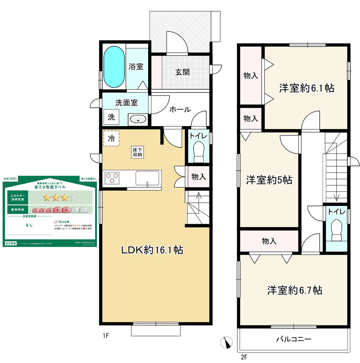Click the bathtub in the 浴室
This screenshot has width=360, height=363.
coord(113,67)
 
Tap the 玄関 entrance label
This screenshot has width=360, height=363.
coord(182,72)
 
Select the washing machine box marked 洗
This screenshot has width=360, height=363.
coord(112,117)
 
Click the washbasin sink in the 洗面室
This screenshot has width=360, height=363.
coord(138,119)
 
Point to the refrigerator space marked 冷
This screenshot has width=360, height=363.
coord(111,138)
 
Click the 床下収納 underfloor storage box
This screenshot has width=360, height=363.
coord(137,152)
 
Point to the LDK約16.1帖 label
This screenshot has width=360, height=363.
coord(151,250)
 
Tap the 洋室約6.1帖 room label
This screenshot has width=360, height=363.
coord(307,88)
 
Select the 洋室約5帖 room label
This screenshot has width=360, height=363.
coord(269,180)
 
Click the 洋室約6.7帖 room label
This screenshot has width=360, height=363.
coord(295,290)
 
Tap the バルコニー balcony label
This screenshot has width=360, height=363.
coord(294,339)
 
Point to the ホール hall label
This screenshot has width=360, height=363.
coord(180,110)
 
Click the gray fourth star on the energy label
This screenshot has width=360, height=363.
coord(74,197)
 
